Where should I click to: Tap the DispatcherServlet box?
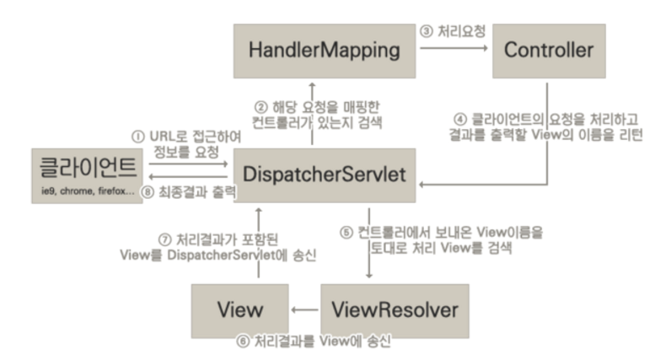coord(324,175)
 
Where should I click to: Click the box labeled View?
coord(239,309)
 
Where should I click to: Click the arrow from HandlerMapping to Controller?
coord(455,48)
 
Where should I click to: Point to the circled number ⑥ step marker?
coord(244,344)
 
